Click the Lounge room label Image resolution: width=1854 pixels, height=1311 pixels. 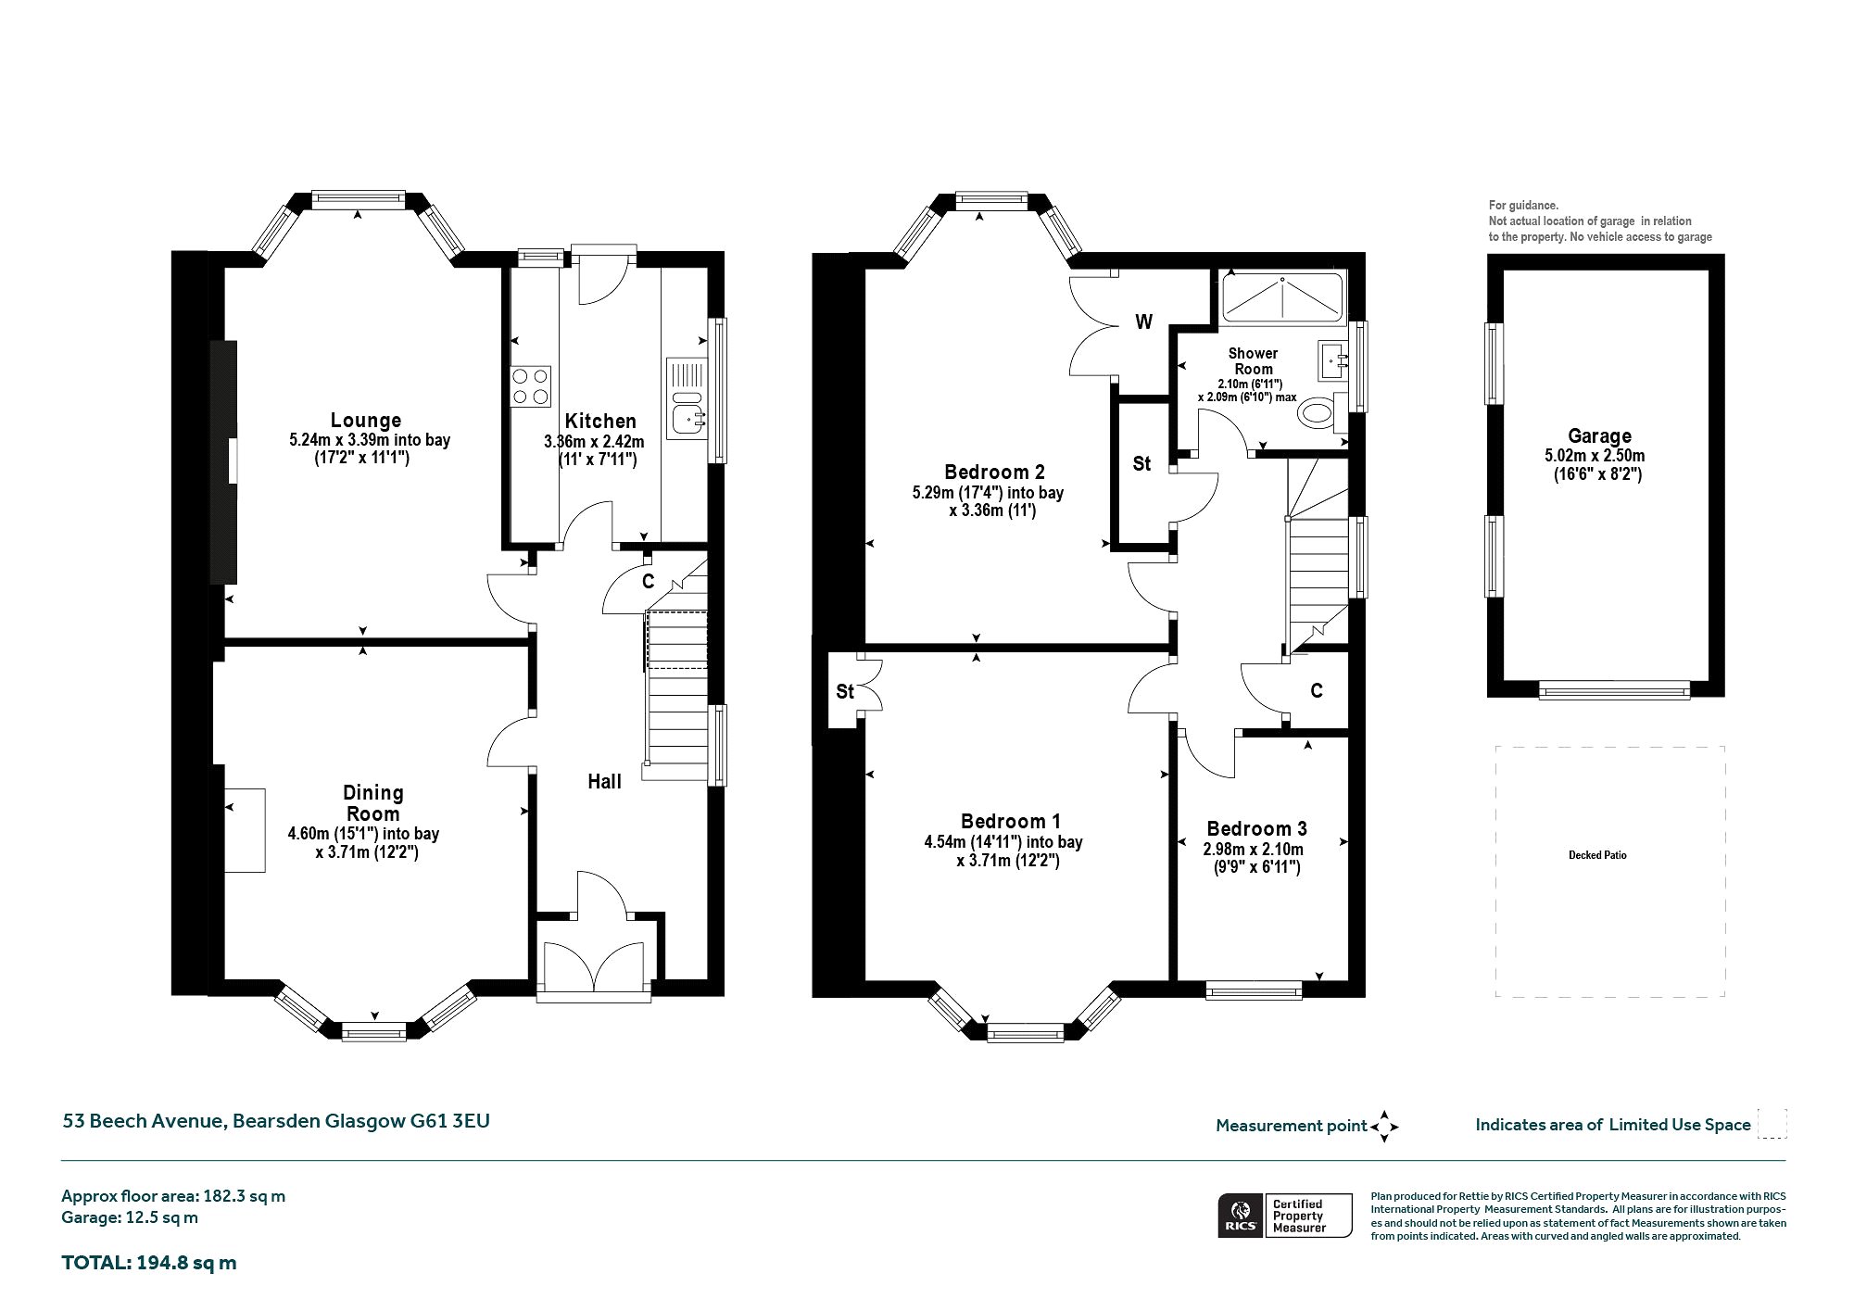point(366,420)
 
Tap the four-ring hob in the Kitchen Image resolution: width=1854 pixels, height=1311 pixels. point(530,386)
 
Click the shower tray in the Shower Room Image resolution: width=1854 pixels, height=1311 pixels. point(1282,296)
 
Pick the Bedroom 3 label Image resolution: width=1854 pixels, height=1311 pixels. point(1256,828)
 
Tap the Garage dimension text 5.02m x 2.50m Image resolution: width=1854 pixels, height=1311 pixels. point(1600,456)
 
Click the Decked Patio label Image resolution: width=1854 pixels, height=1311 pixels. point(1597,855)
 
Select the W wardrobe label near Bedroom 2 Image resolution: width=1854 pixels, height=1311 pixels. point(1144,321)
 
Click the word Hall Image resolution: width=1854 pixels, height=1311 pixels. point(604,781)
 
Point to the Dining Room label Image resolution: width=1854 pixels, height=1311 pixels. point(373,802)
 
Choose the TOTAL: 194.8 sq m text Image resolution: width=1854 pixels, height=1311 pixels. point(149,1262)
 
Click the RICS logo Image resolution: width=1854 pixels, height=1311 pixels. point(1240,1216)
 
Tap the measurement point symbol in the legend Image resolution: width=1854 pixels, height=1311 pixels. point(1384,1126)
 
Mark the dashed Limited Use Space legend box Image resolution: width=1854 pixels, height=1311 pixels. point(1772,1124)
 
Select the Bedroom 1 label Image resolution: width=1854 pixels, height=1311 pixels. point(1011,821)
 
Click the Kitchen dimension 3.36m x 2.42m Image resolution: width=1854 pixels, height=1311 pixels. point(594,442)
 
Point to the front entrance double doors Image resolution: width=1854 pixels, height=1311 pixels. point(594,968)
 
